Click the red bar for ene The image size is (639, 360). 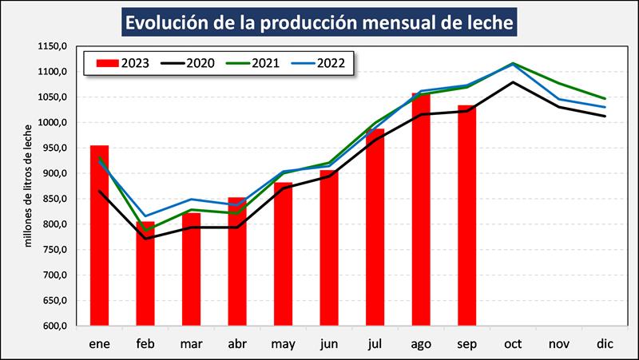100,235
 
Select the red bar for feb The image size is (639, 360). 145,275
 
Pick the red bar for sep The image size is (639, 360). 466,216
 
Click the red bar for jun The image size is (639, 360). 329,248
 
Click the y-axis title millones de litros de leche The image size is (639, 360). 28,185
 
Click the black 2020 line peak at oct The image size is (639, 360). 513,82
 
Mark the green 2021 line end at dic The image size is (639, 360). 604,98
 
